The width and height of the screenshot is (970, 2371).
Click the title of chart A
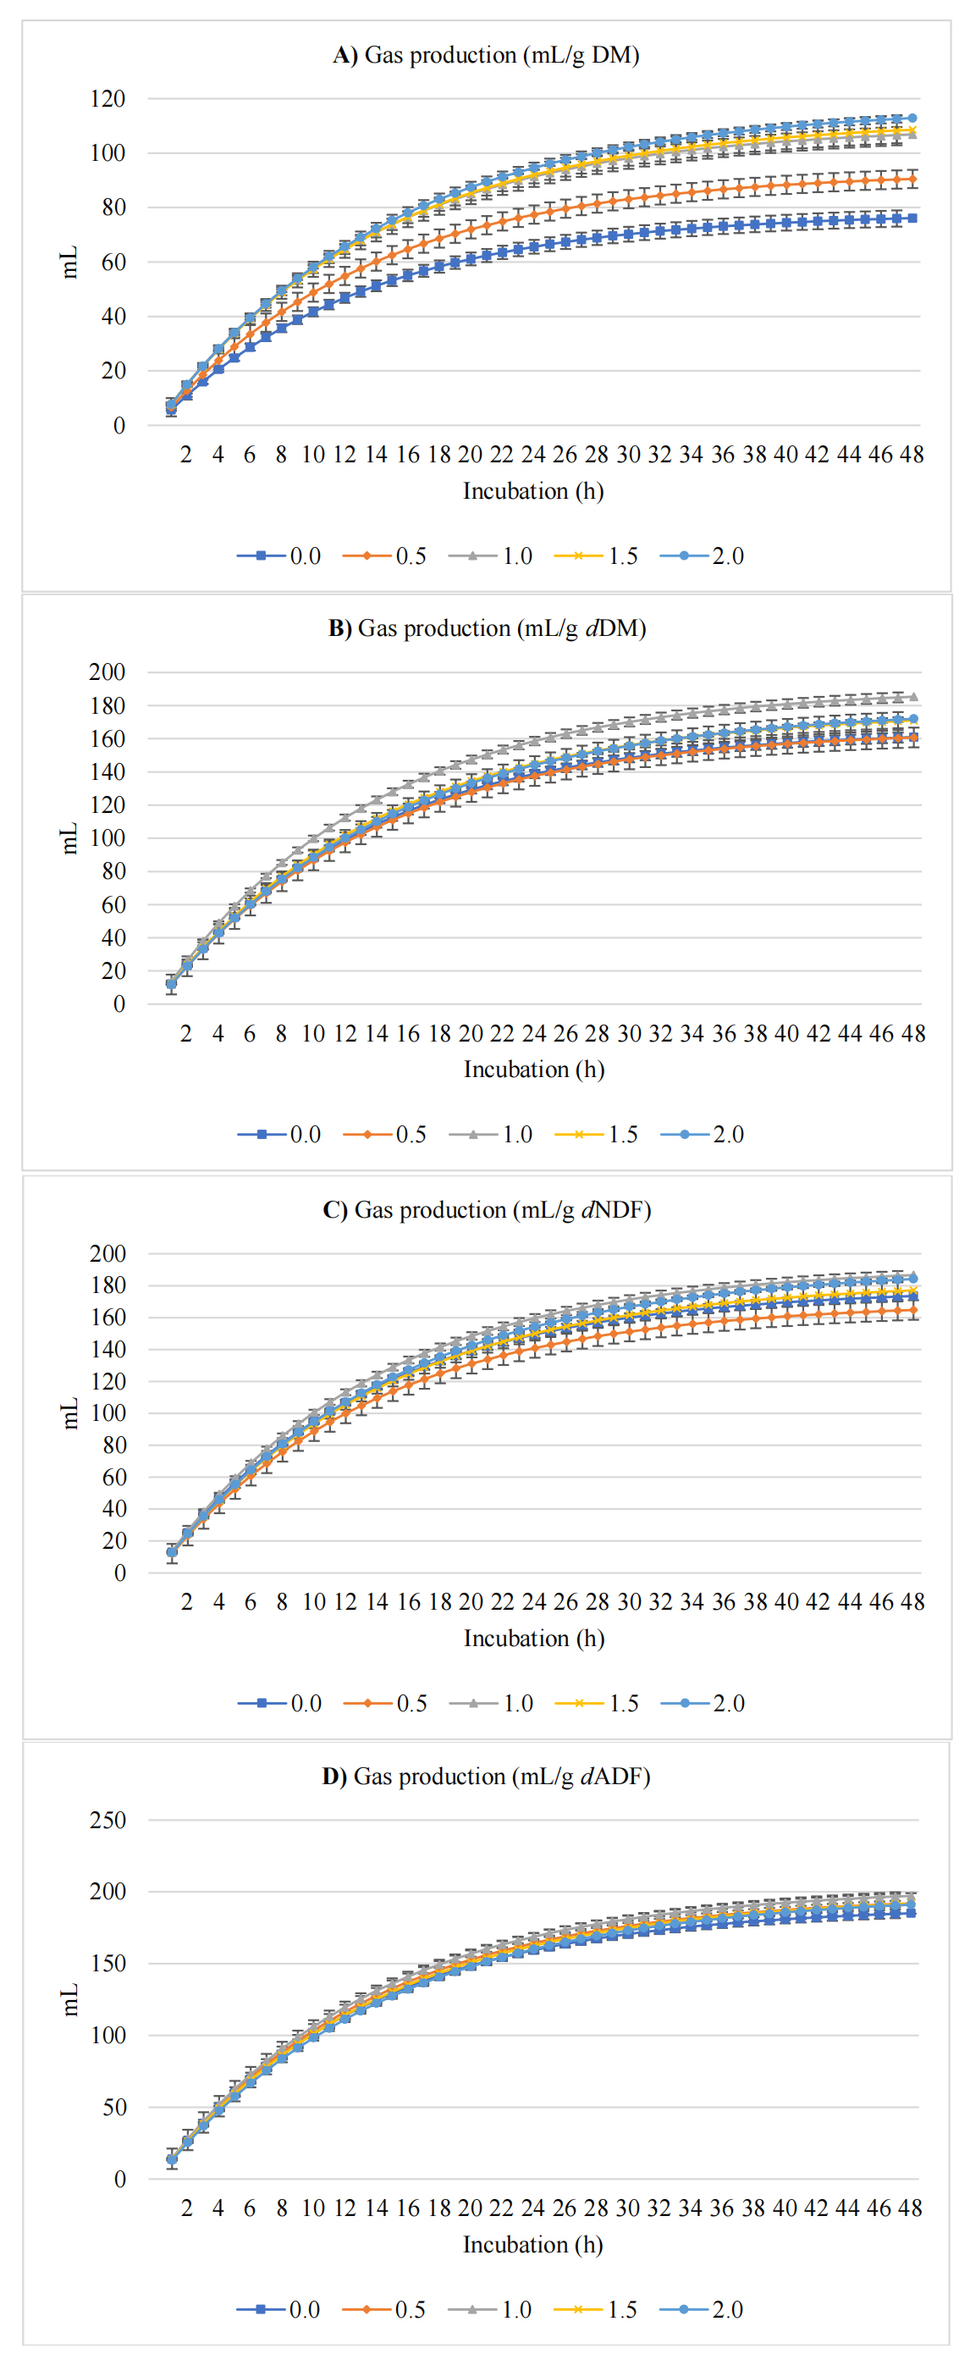tap(486, 55)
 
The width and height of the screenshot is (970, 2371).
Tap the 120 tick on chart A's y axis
tap(107, 98)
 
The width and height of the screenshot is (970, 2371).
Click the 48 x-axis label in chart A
tap(911, 454)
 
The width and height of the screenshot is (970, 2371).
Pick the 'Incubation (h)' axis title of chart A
tap(533, 491)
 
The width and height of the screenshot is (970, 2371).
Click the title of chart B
tap(487, 628)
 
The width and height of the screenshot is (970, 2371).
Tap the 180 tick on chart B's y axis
tap(107, 706)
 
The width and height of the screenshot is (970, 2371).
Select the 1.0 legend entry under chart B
tap(492, 1134)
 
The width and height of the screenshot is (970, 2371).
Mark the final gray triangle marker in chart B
tap(912, 697)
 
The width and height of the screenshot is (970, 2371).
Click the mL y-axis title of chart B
tap(69, 838)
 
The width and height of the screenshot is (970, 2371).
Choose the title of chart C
tap(487, 1209)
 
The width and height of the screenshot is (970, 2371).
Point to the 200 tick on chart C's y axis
tap(107, 1252)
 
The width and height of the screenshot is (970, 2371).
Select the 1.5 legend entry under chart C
tap(598, 1703)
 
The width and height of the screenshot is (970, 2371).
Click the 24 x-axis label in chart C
tap(534, 1601)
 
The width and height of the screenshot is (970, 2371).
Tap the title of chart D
tap(486, 1776)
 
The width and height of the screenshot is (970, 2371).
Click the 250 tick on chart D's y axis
tap(107, 1820)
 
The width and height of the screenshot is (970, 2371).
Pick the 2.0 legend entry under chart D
tap(703, 2309)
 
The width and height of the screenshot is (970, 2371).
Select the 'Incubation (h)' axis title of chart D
tap(533, 2245)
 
